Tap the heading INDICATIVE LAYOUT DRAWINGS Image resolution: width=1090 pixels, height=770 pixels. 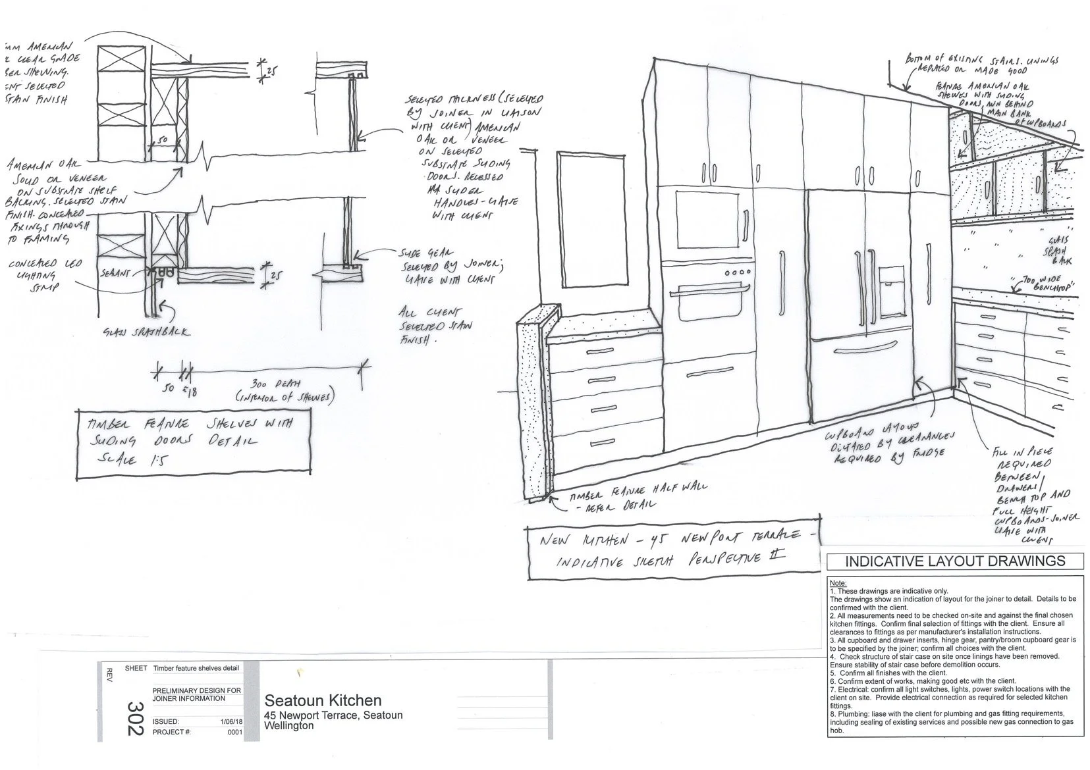pos(954,561)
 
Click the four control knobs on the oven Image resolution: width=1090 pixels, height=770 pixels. pos(738,272)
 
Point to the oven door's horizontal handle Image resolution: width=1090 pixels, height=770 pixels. pos(711,288)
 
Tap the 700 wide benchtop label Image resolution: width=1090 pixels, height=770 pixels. pos(1044,285)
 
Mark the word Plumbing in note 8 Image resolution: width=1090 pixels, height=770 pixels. pos(850,713)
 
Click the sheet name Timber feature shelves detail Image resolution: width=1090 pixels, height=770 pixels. pos(196,668)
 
